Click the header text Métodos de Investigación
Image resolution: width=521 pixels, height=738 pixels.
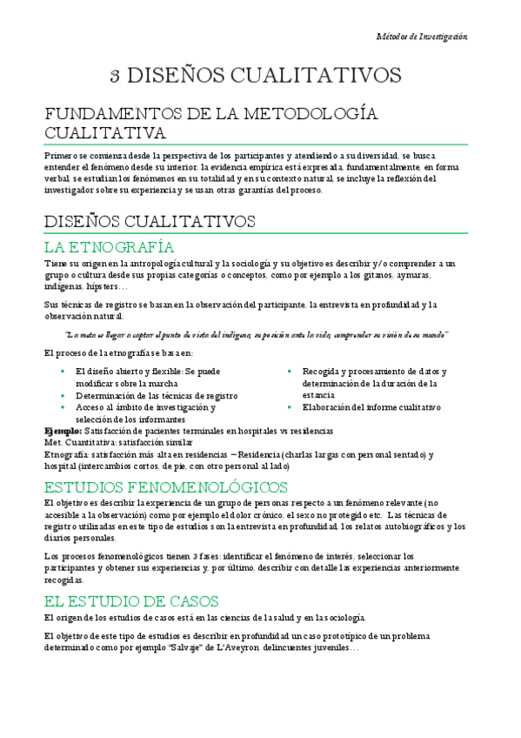(422, 37)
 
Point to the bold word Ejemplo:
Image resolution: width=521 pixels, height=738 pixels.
(63, 431)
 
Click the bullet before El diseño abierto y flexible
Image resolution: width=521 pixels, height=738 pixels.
(63, 371)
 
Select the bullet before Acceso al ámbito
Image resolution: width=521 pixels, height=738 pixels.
(63, 406)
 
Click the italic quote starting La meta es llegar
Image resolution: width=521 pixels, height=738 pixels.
(256, 334)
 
